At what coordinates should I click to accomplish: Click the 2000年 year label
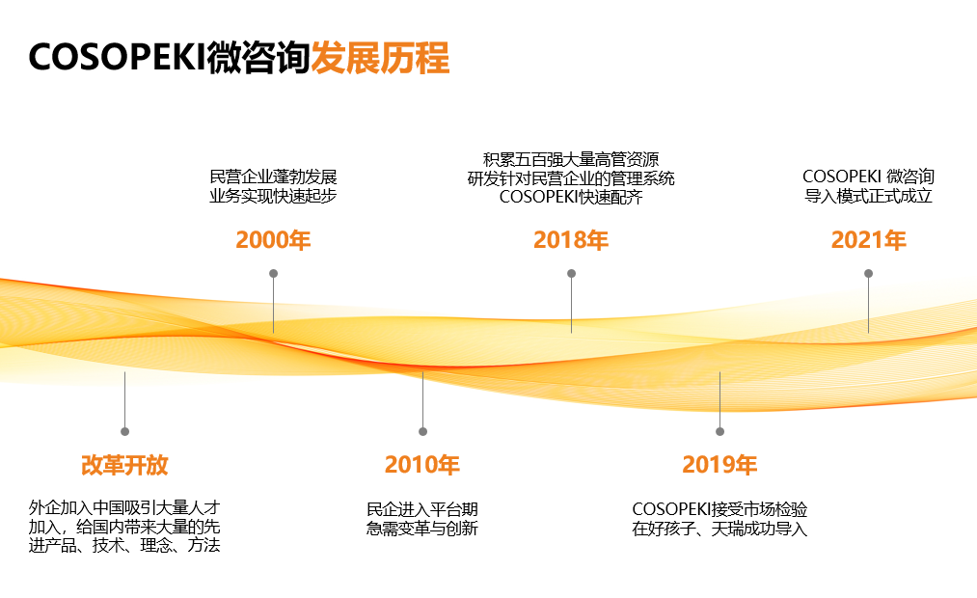click(x=273, y=240)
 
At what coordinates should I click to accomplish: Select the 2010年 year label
click(x=422, y=465)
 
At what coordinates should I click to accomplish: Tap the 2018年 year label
click(x=571, y=240)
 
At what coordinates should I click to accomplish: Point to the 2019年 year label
click(x=719, y=465)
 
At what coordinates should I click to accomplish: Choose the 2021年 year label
click(x=868, y=240)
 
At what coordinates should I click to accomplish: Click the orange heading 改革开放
click(x=124, y=465)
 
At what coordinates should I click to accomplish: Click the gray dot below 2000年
click(x=273, y=273)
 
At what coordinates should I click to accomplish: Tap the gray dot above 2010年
click(x=422, y=431)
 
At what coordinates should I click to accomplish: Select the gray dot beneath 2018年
click(x=571, y=273)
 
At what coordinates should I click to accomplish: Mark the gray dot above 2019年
click(x=719, y=431)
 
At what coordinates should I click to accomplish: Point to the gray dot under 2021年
click(x=868, y=273)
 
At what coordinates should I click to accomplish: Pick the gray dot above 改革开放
click(x=124, y=431)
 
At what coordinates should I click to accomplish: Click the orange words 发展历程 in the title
click(x=380, y=59)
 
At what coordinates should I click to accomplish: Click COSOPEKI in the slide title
click(x=117, y=59)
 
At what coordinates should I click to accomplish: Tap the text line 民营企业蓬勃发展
click(x=273, y=177)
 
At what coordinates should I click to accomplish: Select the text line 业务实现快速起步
click(x=273, y=197)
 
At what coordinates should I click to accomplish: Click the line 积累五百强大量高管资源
click(x=571, y=159)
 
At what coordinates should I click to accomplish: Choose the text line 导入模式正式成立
click(x=868, y=197)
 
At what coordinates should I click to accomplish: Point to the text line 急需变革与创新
click(x=422, y=529)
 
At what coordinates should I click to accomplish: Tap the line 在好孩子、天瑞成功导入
click(x=719, y=529)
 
